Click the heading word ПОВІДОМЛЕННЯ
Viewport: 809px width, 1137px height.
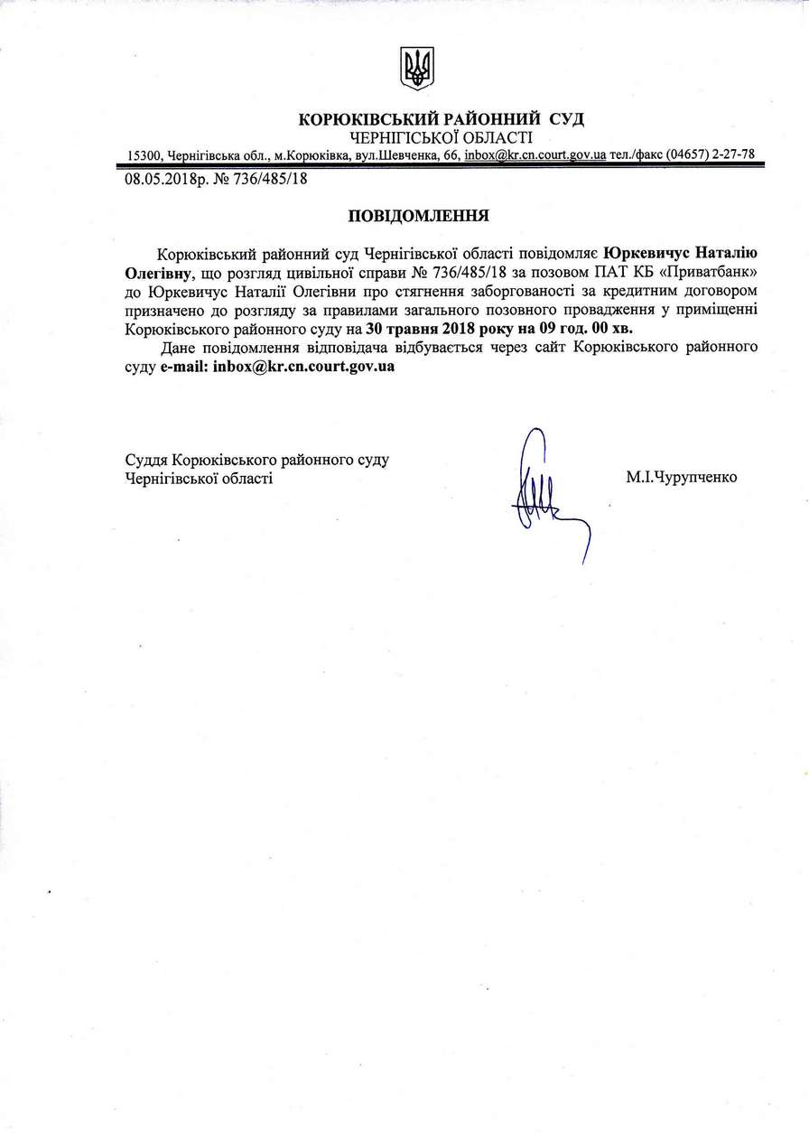[418, 216]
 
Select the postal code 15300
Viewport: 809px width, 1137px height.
[143, 155]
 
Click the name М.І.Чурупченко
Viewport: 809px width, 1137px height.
[681, 476]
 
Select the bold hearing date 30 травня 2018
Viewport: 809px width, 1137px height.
[410, 330]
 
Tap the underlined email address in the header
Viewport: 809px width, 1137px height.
[535, 155]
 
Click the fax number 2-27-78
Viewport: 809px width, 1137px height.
[729, 155]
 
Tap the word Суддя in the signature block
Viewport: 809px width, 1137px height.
[145, 460]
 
